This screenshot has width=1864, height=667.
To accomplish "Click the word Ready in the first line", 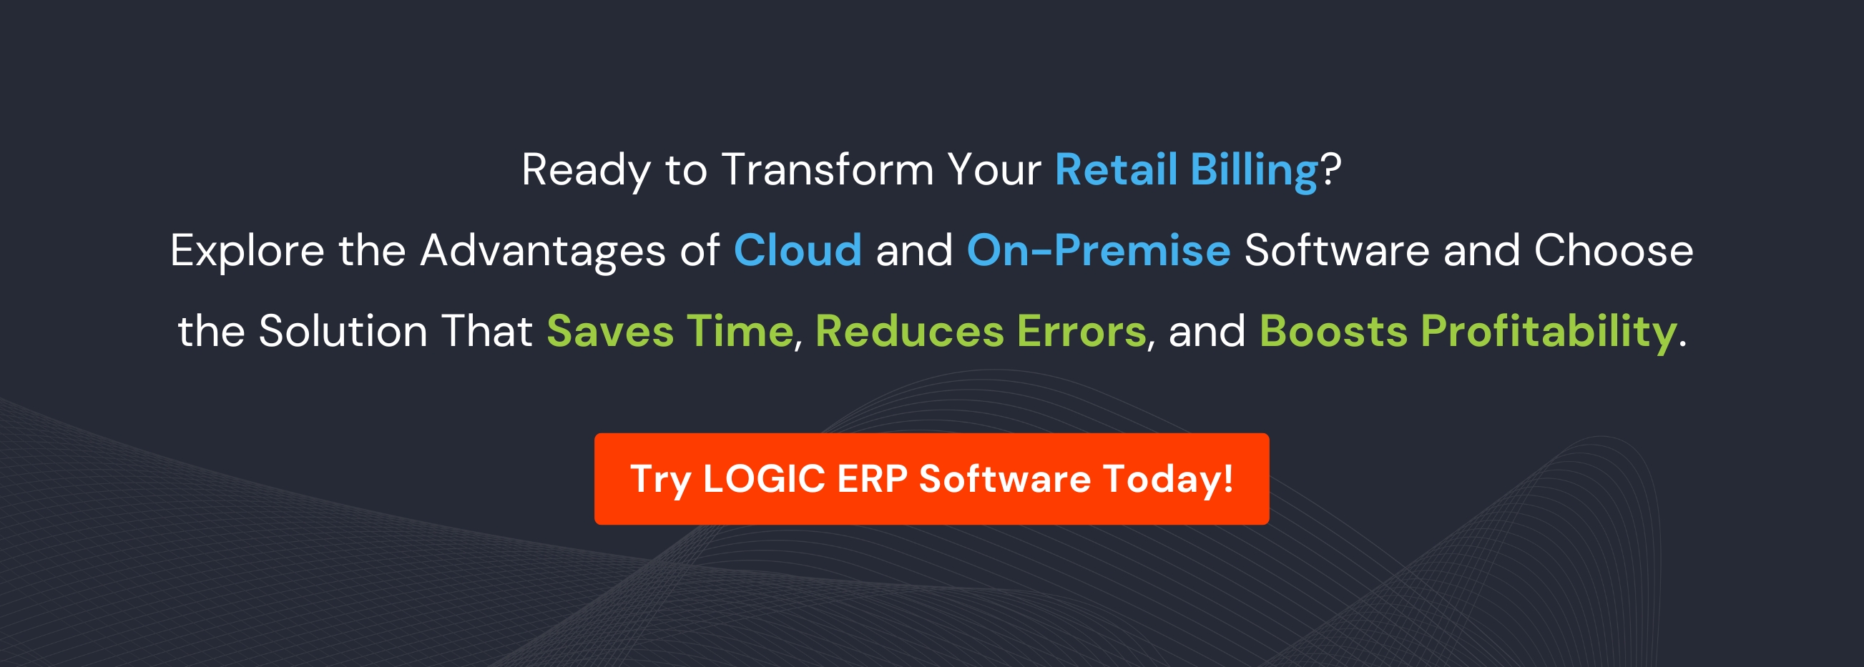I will point(586,171).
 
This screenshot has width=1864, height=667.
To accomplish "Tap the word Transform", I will point(827,169).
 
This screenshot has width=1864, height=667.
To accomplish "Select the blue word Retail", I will point(1116,169).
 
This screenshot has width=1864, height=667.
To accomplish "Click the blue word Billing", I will point(1253,171).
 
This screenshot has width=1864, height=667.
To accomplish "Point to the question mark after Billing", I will point(1331,169).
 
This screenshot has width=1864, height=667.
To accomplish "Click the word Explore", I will point(247,251).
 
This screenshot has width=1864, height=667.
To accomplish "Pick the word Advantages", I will point(542,251).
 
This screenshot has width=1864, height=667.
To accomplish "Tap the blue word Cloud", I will point(798,250).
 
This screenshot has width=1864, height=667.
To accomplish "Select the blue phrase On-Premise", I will point(1099,250).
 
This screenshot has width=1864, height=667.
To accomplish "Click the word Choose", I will point(1613,250).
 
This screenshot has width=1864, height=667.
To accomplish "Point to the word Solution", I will point(343,331).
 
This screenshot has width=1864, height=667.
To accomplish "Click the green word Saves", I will point(610,331).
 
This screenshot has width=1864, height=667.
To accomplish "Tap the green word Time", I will point(740,331).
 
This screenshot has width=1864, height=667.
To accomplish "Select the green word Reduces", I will point(910,331).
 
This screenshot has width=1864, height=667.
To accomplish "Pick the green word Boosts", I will point(1333,331).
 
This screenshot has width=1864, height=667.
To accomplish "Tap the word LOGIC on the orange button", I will point(764,479).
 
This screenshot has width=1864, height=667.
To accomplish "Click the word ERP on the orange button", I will point(872,479).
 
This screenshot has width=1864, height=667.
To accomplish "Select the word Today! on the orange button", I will point(1168,479).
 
